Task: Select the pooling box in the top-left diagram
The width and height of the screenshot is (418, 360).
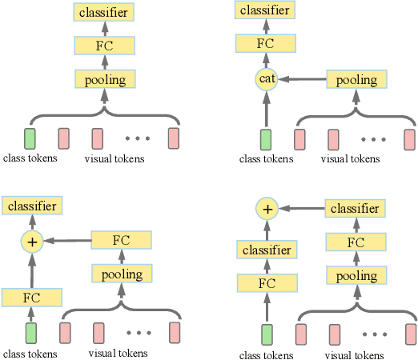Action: click(104, 78)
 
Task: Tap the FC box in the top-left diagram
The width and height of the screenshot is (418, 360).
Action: click(104, 46)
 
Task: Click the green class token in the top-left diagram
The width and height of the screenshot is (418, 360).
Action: click(30, 138)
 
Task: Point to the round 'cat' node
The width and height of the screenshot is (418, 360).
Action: click(266, 79)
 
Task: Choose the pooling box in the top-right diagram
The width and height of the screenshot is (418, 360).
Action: click(357, 79)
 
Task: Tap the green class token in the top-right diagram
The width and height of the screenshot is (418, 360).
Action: click(266, 139)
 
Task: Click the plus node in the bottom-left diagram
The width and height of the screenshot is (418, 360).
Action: click(31, 240)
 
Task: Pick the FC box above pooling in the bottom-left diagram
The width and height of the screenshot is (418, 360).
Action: click(121, 240)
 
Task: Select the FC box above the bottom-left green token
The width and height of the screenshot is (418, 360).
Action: click(31, 297)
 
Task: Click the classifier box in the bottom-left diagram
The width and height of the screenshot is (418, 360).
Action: click(31, 206)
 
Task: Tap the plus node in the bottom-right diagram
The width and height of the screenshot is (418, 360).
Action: click(267, 209)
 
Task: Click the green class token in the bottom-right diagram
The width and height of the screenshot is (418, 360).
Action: click(267, 333)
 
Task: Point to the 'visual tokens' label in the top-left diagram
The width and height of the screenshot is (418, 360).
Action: click(115, 158)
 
